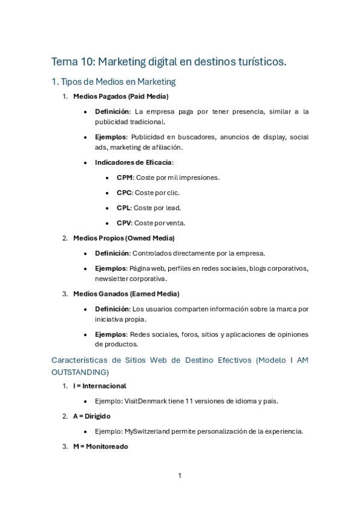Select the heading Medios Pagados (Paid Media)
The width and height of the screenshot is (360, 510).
pos(120,96)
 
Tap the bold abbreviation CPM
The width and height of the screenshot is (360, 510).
pos(125,177)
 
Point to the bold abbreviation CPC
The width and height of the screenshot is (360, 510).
pos(125,192)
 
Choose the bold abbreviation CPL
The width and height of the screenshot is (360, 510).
pos(124,207)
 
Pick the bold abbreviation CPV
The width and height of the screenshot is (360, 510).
pos(125,223)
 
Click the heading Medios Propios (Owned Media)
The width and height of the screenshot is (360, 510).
pos(124,238)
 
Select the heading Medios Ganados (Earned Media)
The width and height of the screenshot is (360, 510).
pos(126,293)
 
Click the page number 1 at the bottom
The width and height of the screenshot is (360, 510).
pos(180,476)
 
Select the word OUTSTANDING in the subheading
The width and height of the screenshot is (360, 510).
pos(80,372)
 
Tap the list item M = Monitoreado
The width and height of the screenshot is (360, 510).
pos(100,446)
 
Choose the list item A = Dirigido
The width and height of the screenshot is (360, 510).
pos(92,416)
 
